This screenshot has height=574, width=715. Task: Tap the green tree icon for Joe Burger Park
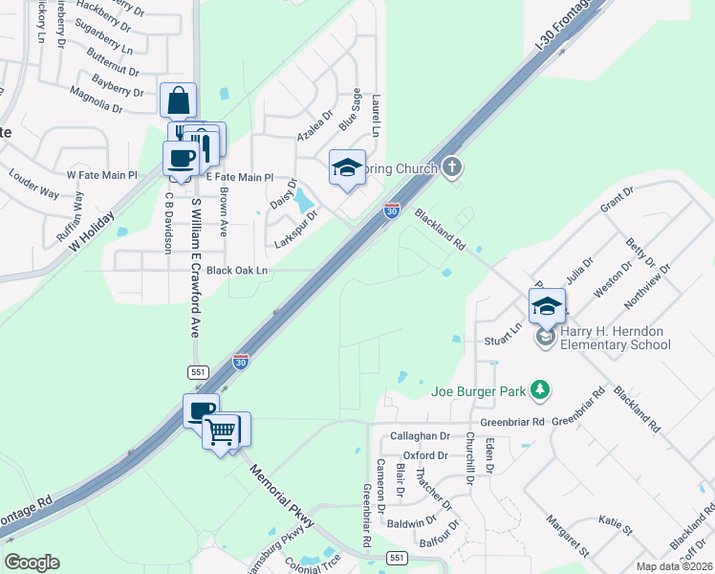tap(541, 389)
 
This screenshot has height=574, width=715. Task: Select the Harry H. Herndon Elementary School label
tap(616, 338)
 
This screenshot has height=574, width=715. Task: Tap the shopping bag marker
tap(179, 101)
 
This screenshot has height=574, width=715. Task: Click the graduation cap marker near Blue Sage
tap(347, 168)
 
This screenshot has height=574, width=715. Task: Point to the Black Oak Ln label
tap(230, 271)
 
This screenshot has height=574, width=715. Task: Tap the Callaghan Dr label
tap(421, 435)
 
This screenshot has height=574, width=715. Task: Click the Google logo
tap(32, 563)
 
